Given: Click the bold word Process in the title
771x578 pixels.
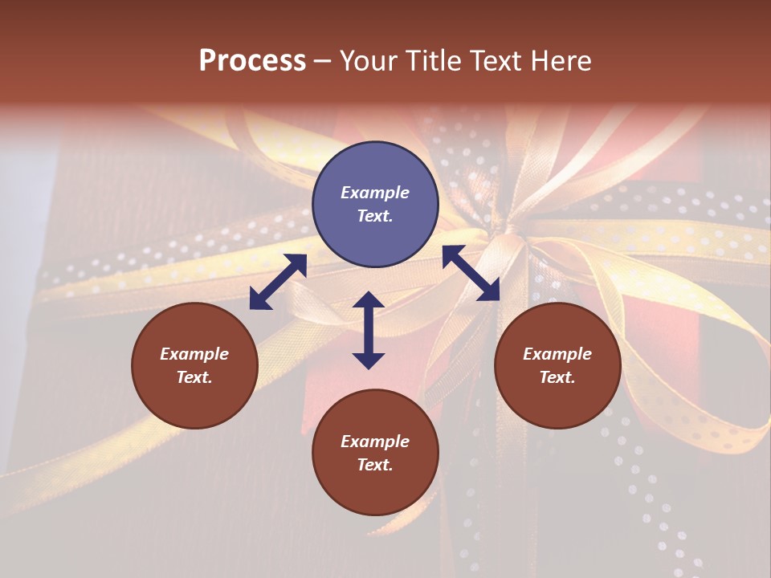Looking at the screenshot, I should pyautogui.click(x=252, y=61).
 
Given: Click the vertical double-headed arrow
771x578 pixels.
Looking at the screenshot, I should pyautogui.click(x=369, y=330).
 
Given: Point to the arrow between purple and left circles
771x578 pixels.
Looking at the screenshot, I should pyautogui.click(x=278, y=282).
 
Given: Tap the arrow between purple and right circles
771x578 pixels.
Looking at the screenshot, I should pyautogui.click(x=471, y=273).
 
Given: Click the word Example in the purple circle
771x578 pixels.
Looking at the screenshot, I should pyautogui.click(x=375, y=193).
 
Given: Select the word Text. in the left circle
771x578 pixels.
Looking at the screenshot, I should pyautogui.click(x=194, y=377).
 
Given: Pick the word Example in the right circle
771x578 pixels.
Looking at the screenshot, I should pyautogui.click(x=557, y=354).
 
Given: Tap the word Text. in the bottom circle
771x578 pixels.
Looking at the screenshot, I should pyautogui.click(x=375, y=465).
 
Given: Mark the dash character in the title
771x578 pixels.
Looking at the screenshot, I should pyautogui.click(x=322, y=61).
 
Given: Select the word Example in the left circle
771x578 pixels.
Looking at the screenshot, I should pyautogui.click(x=194, y=354).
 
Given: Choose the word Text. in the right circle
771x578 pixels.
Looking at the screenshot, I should pyautogui.click(x=557, y=377).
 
